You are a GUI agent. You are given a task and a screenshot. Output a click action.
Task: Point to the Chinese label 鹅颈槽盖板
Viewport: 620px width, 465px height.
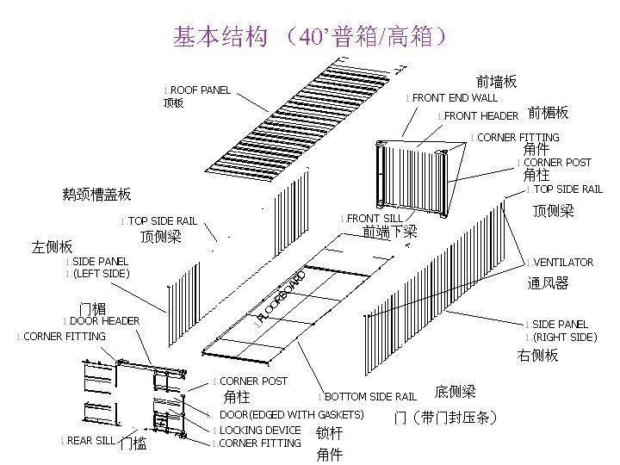97,195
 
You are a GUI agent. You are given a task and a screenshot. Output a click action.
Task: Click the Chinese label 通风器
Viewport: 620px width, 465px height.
548,282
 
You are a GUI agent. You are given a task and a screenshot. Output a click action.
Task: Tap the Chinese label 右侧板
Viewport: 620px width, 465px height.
537,355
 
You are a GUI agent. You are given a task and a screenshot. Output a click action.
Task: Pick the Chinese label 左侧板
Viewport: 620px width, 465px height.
53,246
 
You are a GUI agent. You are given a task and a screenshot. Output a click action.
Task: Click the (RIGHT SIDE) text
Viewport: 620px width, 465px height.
562,338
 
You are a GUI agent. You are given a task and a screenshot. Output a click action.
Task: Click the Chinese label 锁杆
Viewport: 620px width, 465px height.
329,433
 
